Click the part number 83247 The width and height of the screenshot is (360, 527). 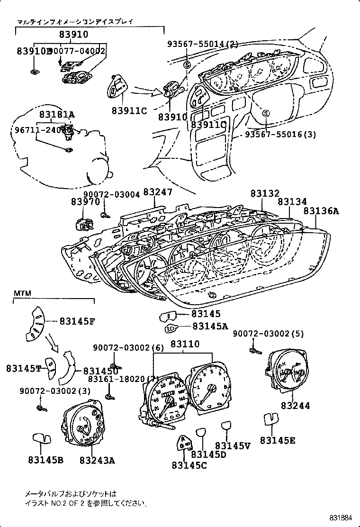tap(158, 192)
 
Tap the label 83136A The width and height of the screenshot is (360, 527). tap(321, 211)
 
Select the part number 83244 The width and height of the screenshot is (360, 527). tap(295, 406)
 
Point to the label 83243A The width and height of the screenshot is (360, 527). tap(97, 460)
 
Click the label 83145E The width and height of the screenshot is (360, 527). tap(277, 440)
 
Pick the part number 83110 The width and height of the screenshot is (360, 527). tap(185, 344)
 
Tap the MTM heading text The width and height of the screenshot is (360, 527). tap(22, 294)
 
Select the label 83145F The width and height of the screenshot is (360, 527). tap(77, 321)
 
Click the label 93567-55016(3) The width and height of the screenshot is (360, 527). tap(280, 135)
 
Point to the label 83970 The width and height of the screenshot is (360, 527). tap(86, 201)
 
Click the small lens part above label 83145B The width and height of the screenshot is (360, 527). tap(42, 438)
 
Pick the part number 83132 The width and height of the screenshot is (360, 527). tap(265, 193)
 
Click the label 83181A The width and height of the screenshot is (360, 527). tap(57, 114)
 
